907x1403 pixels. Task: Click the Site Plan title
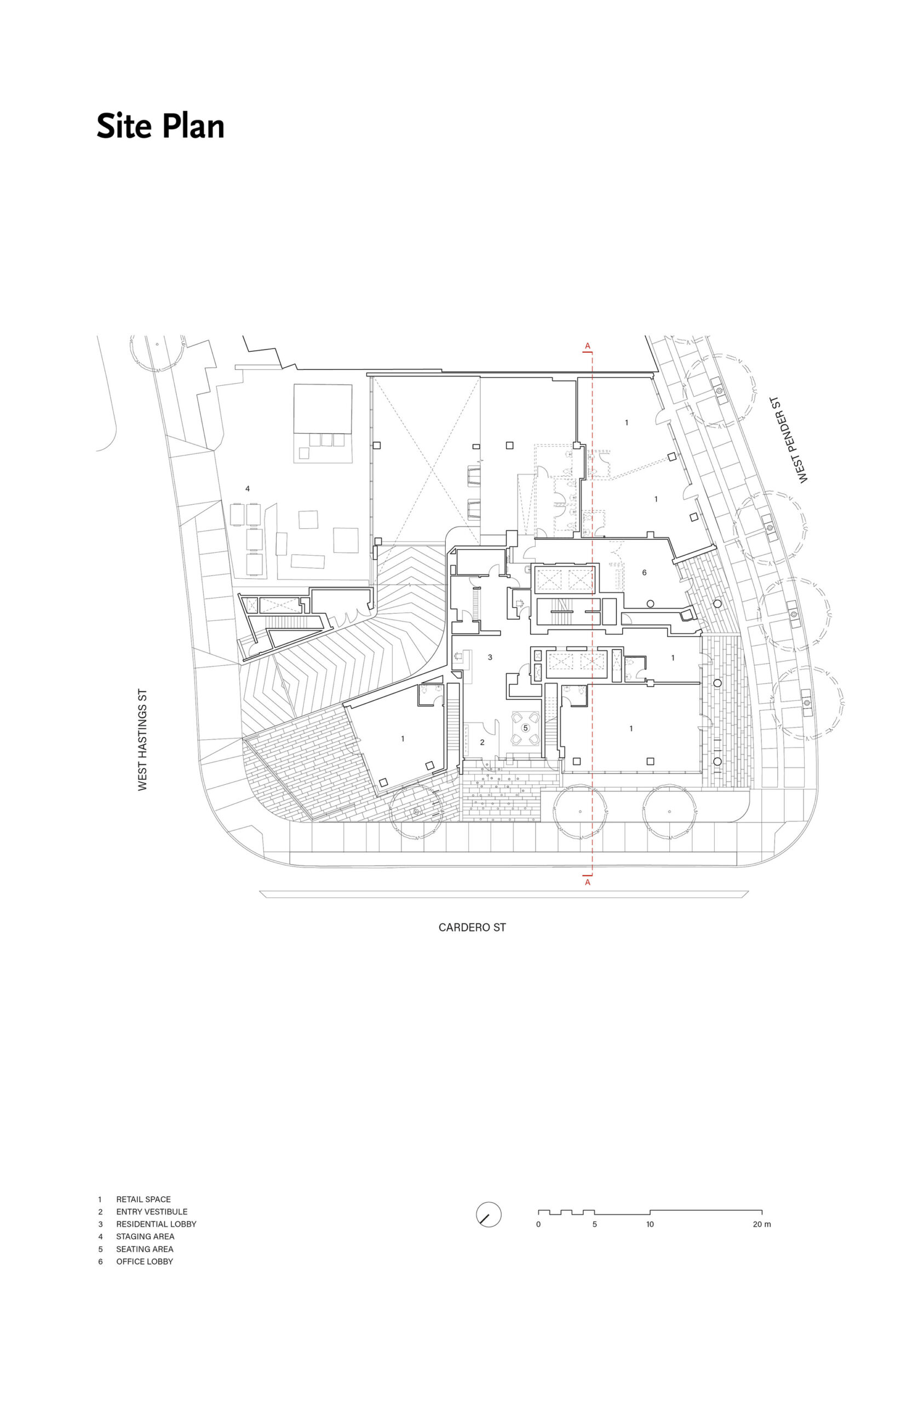point(160,127)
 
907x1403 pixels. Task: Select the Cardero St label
point(472,927)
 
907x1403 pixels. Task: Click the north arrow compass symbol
point(488,1214)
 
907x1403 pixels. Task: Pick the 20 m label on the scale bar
point(761,1224)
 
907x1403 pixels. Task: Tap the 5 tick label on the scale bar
point(594,1224)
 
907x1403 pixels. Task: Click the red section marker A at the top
point(587,346)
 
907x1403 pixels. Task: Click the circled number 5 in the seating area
point(525,728)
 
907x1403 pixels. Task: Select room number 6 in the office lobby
point(644,573)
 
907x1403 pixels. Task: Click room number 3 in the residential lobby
point(490,658)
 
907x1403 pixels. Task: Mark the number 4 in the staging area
point(248,488)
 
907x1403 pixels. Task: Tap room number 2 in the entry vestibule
point(482,743)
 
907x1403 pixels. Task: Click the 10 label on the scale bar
point(650,1224)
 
